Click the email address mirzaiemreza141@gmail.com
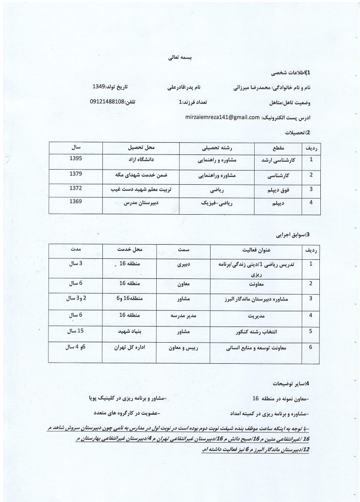tap(222, 118)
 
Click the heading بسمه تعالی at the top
tap(180, 57)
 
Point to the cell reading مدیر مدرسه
tap(181, 316)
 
